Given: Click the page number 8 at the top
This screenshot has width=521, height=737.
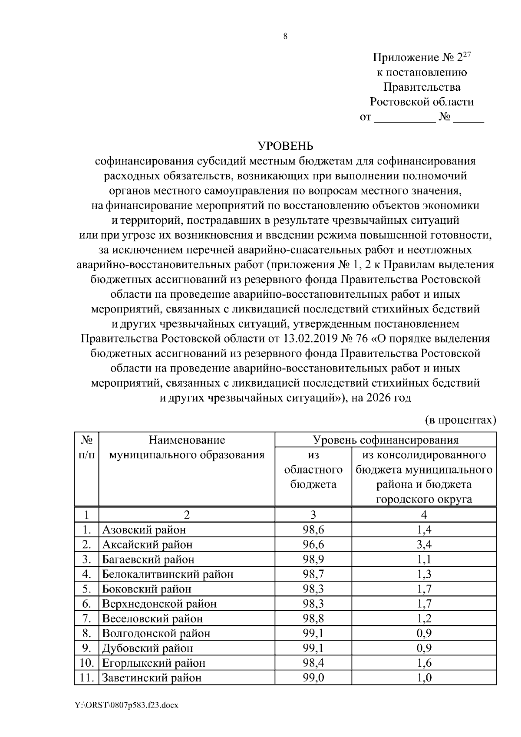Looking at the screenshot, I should click(285, 36).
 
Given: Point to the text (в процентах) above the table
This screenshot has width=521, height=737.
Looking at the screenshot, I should click(460, 420).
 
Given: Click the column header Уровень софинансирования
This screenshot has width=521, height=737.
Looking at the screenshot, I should click(386, 440).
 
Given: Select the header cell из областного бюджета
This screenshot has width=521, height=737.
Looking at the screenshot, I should click(313, 470).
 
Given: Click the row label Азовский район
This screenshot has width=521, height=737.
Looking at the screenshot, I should click(144, 530).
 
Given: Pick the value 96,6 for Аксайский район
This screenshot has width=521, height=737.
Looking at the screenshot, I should click(313, 545).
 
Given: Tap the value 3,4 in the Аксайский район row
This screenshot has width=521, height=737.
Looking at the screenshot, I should click(424, 545).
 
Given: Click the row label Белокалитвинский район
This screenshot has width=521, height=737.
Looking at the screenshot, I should click(168, 574).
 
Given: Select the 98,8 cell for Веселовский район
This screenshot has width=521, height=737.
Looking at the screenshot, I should click(313, 619).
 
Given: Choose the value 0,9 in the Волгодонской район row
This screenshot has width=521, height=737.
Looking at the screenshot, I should click(424, 633).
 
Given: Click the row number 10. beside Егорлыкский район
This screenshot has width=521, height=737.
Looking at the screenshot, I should click(87, 663).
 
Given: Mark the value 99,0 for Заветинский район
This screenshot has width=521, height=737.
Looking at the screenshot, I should click(313, 678).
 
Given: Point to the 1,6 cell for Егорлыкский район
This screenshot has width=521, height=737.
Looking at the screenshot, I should click(424, 663).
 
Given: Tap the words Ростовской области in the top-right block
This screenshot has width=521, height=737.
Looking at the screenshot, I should click(422, 102).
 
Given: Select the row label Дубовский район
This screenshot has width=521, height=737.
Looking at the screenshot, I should click(147, 648).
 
